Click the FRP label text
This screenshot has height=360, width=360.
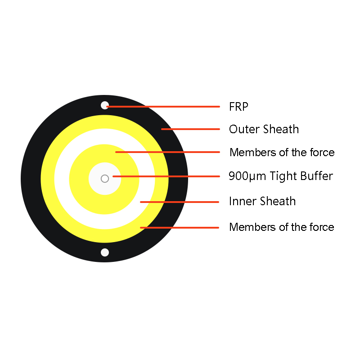pos(239,107)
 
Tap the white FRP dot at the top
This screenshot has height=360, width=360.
pos(105,105)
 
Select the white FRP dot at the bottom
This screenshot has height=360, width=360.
pos(105,252)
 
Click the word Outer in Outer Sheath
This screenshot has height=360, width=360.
pos(244,129)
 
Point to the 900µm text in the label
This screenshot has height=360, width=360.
pos(247,176)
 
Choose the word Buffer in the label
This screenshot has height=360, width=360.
pos(317,176)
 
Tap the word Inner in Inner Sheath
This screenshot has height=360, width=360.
pos(243,201)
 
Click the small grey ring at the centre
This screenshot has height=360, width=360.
pos(105,178)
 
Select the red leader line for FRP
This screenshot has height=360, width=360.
pos(163,107)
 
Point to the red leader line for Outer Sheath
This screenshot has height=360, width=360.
pos(190,129)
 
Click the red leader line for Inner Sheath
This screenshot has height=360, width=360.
pos(180,202)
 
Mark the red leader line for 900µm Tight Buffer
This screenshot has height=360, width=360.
pos(166,176)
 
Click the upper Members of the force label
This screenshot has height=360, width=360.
pos(282,153)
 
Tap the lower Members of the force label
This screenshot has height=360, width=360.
pos(282,227)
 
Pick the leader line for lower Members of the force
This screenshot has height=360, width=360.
pos(180,228)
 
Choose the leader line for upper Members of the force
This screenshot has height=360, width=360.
pos(167,152)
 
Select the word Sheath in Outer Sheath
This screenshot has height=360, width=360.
pos(281,129)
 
